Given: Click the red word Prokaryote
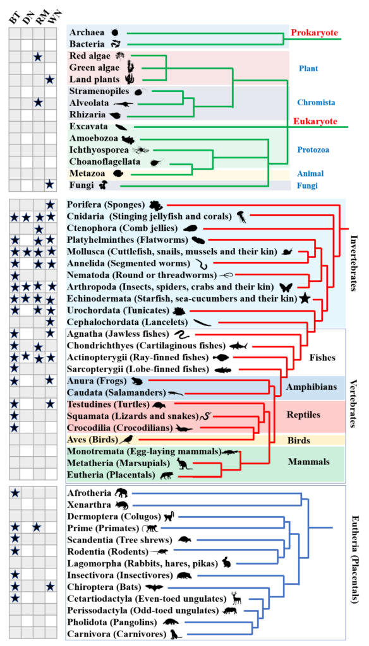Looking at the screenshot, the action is tap(315, 33).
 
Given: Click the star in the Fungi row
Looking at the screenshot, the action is tap(51, 185).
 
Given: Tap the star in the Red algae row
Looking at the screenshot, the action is tap(39, 57).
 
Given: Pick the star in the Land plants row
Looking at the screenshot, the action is tap(51, 80).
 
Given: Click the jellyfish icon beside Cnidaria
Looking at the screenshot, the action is tap(241, 217).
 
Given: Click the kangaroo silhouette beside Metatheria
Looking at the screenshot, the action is tap(181, 464).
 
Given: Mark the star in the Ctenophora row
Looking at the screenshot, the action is tap(39, 228).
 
